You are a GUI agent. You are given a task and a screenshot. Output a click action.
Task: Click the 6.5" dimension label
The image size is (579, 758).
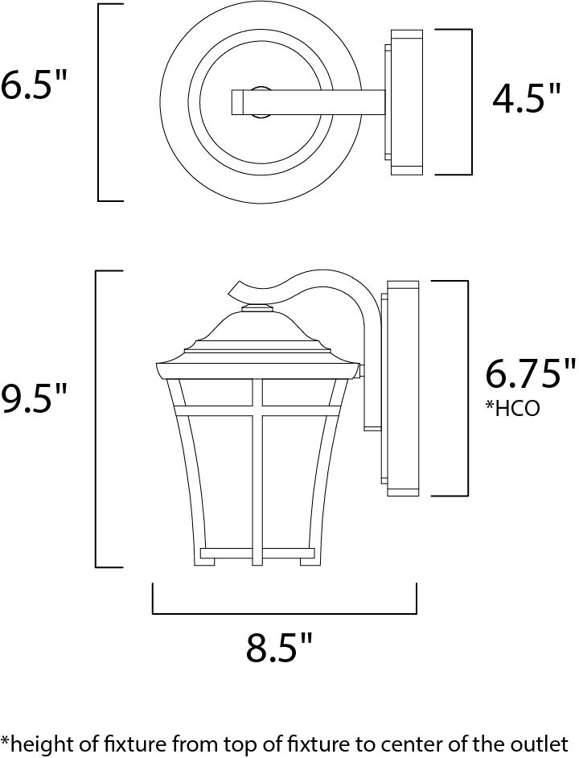pyautogui.click(x=32, y=85)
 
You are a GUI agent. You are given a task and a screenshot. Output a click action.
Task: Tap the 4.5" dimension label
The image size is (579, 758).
pyautogui.click(x=527, y=100)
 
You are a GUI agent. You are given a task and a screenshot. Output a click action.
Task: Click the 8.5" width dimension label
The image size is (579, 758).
pyautogui.click(x=279, y=648)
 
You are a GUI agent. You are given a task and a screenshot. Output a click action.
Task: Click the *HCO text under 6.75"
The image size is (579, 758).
pyautogui.click(x=511, y=409)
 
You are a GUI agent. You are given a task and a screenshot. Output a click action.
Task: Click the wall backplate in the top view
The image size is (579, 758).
pyautogui.click(x=405, y=102)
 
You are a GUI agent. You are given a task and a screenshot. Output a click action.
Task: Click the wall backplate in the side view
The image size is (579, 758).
pyautogui.click(x=402, y=387)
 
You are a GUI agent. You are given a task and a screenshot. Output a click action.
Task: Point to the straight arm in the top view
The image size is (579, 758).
pyautogui.click(x=314, y=102)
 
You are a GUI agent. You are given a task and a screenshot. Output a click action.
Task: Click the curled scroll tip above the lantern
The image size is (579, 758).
pyautogui.click(x=241, y=288)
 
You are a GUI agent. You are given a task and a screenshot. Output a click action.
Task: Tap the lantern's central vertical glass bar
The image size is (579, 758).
pyautogui.click(x=258, y=467)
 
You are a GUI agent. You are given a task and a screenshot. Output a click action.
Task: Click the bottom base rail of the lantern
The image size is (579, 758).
pyautogui.click(x=256, y=553)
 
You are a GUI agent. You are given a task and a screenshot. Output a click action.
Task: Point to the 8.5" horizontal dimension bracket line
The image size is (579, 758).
pyautogui.click(x=284, y=613)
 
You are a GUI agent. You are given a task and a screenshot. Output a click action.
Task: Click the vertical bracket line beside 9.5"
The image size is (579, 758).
pyautogui.click(x=97, y=418)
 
